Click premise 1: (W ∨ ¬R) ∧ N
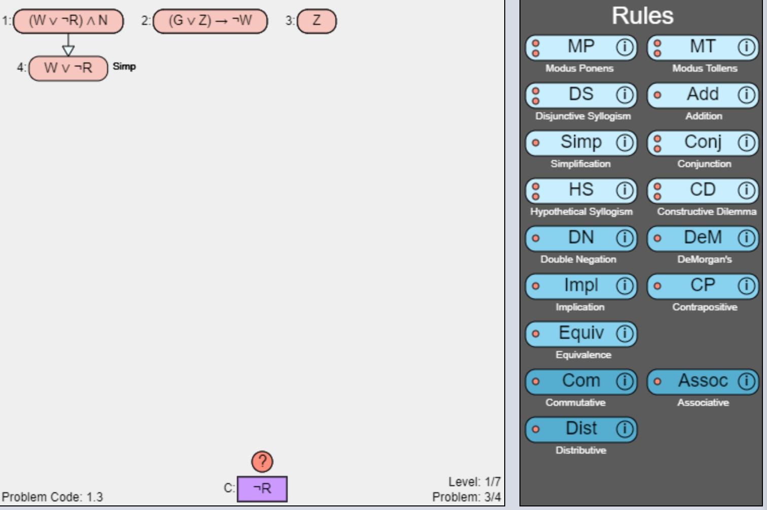(68, 21)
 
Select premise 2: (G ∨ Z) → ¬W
(210, 21)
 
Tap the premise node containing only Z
(317, 21)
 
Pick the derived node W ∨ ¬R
(68, 68)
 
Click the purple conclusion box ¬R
(262, 489)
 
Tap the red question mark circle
(262, 461)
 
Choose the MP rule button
(581, 47)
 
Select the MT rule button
(703, 47)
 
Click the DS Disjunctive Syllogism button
(581, 95)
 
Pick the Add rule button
(703, 95)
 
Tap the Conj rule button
(703, 143)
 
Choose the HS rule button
(581, 190)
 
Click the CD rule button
(703, 190)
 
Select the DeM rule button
(703, 238)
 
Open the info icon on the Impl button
(625, 286)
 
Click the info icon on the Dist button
(625, 429)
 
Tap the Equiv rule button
(581, 334)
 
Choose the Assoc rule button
(703, 381)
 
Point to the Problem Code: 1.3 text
(53, 497)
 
